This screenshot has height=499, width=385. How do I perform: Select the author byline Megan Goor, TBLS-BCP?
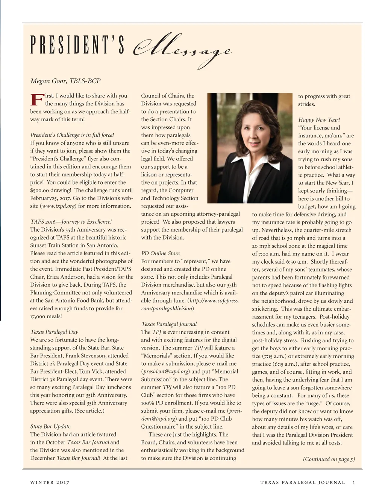pos(65,81)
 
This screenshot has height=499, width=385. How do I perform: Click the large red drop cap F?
pos(36,100)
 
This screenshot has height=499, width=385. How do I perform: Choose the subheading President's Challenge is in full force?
pos(72,135)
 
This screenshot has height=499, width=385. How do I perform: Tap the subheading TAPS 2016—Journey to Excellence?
pos(71,221)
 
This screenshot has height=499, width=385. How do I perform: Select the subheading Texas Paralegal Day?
pos(54,332)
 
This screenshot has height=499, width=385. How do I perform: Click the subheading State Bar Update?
pos(50,426)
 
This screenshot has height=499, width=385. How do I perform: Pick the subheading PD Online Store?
pos(160,253)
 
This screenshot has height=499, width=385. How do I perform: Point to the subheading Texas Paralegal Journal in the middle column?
pos(169,324)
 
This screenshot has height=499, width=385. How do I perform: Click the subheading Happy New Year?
pos(319,120)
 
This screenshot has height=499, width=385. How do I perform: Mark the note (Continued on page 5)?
pos(329,459)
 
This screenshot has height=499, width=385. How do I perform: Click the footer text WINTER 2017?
pos(50,482)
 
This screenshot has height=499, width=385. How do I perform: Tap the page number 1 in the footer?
pos(354,482)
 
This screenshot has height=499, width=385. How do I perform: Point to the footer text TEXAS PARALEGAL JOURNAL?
pos(302,482)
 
